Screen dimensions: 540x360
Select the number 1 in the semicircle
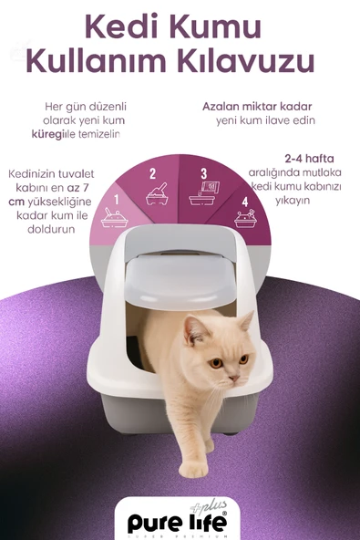(116, 198)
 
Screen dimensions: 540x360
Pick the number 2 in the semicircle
(152, 172)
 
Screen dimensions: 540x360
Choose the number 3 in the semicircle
(203, 172)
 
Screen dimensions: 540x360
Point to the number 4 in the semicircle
(243, 200)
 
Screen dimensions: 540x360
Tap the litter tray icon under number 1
(116, 217)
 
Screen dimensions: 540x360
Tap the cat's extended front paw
(193, 468)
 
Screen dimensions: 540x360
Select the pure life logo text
(179, 522)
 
